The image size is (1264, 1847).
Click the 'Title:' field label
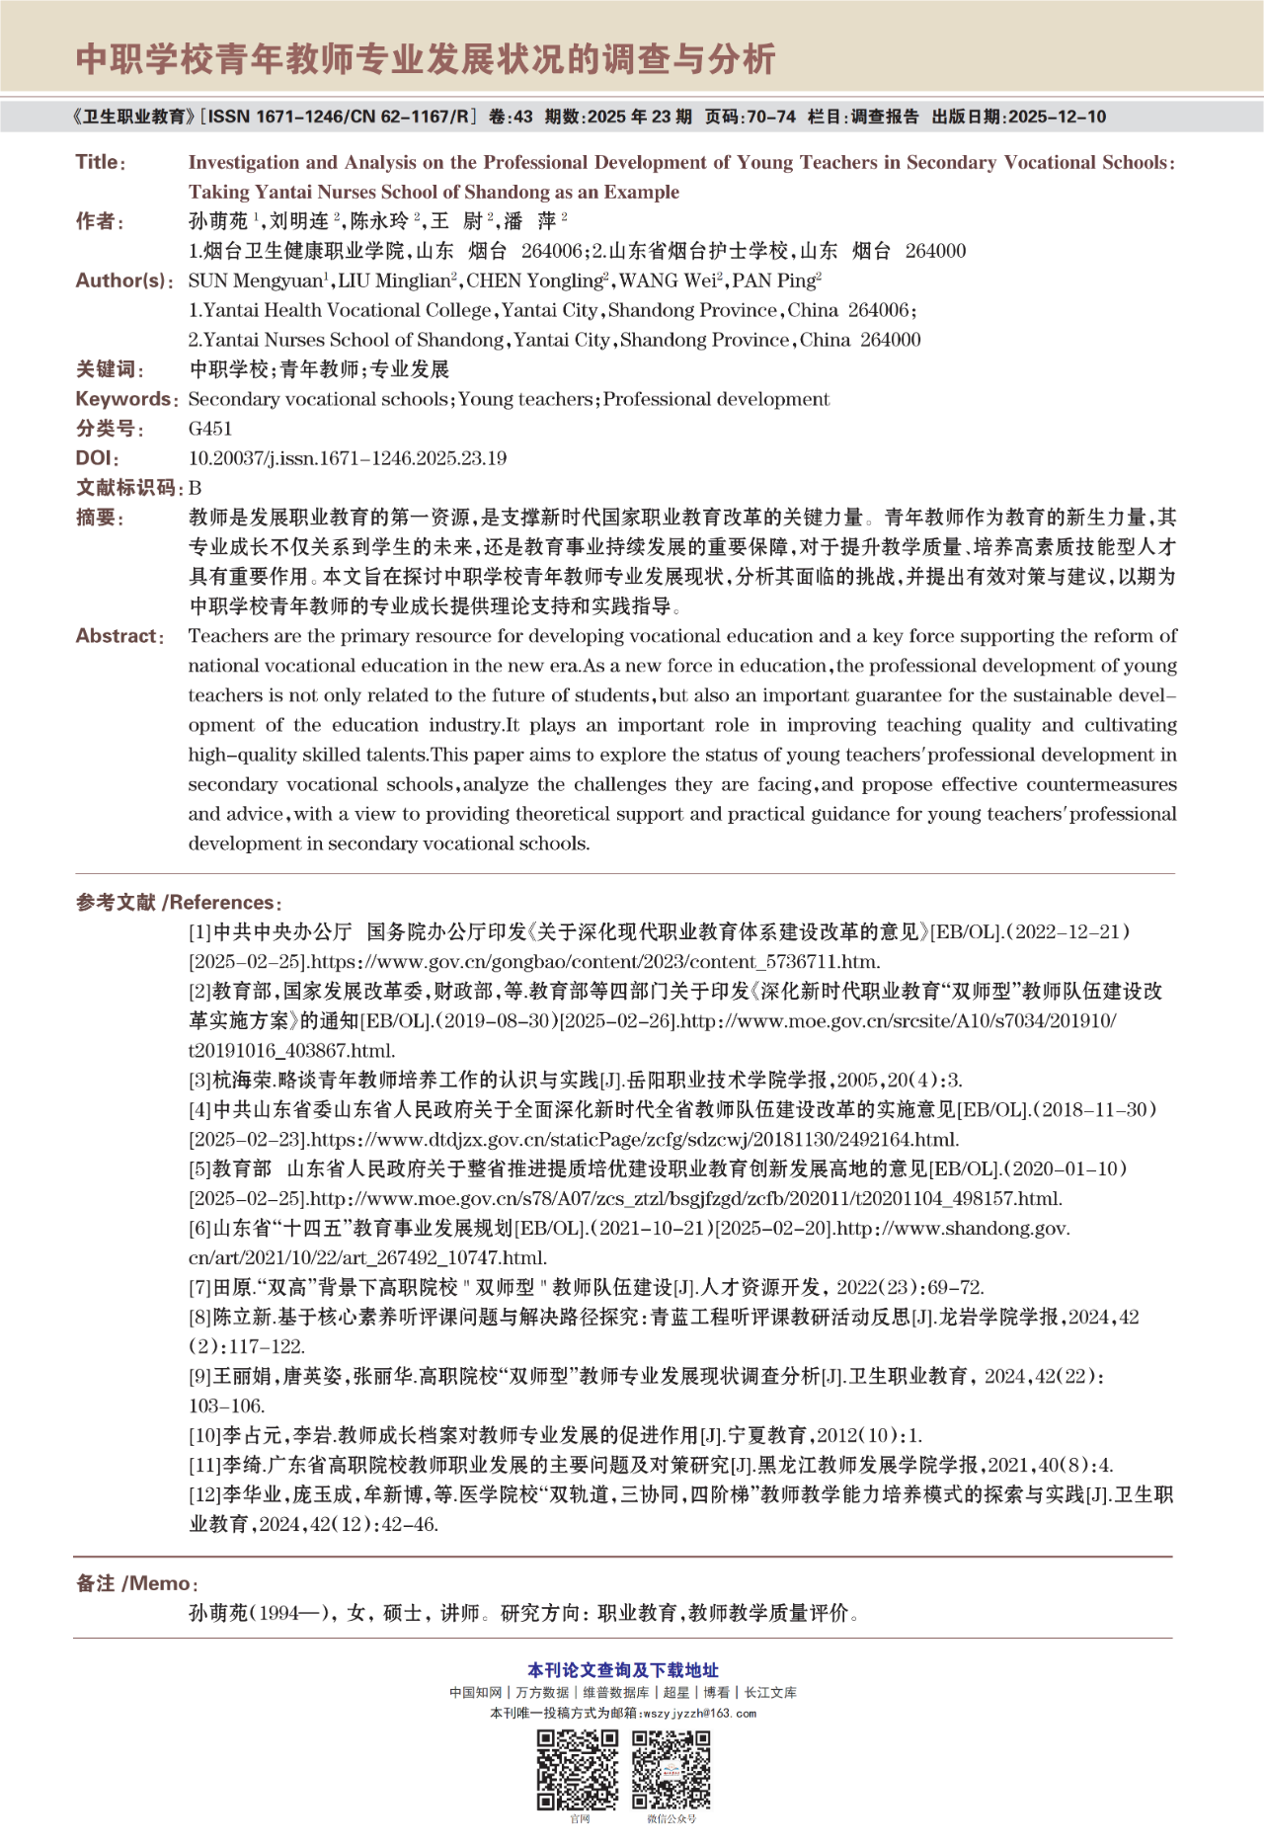100,162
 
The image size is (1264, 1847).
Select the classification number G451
210,429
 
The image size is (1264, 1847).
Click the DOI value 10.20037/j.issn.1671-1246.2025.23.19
347,458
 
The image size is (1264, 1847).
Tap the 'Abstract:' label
119,636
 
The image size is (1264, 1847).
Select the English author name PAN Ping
774,281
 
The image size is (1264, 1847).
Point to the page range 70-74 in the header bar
771,117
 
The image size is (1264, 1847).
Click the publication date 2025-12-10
1057,117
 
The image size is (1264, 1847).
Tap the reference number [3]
200,1081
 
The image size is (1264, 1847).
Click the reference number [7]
200,1288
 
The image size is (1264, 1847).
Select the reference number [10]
204,1436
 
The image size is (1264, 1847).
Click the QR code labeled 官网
578,1770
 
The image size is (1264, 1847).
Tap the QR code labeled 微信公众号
671,1770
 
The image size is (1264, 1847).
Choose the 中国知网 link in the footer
476,1692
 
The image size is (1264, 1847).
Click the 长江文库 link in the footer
770,1692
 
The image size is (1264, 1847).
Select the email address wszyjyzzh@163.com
699,1714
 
